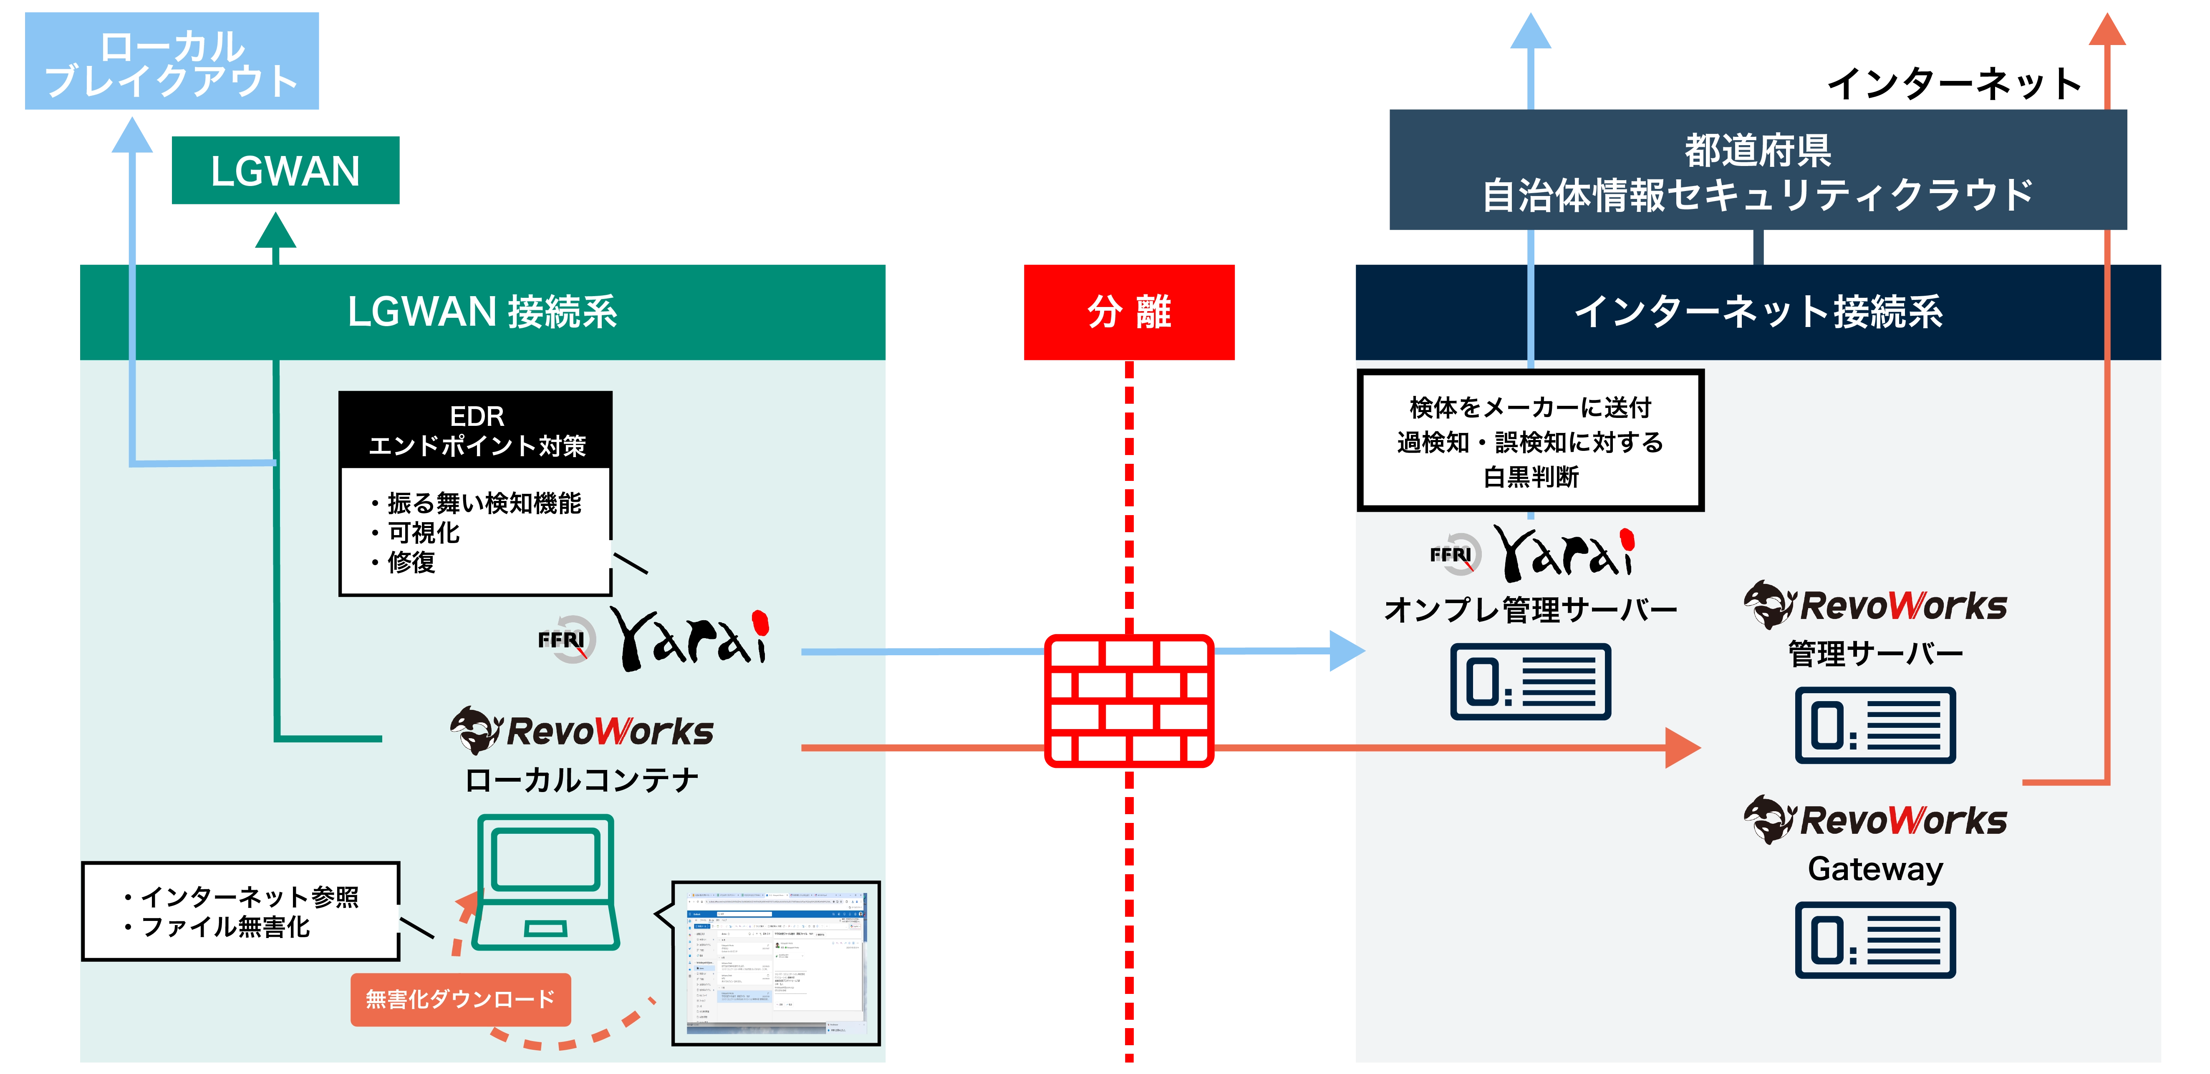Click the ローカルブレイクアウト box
[172, 60]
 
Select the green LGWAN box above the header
[285, 170]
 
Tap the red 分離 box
[1128, 312]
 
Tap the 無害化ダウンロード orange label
[461, 999]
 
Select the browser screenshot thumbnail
[777, 963]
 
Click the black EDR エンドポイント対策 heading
[476, 430]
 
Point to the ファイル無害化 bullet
[225, 927]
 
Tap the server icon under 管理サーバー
[1875, 725]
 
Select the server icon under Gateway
[1875, 939]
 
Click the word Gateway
[1875, 869]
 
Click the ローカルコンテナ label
[582, 780]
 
